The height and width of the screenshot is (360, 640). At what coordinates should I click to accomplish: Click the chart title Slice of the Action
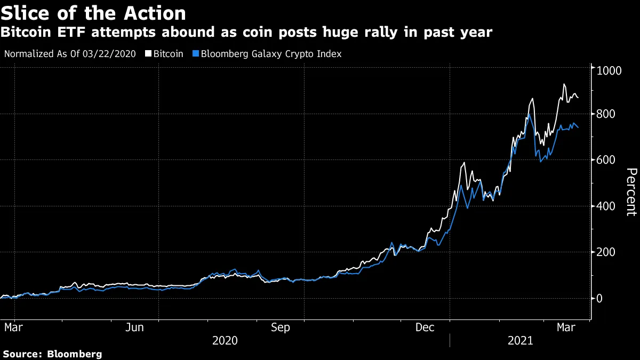pyautogui.click(x=93, y=13)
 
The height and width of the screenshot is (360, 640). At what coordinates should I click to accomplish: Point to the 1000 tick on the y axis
pyautogui.click(x=609, y=70)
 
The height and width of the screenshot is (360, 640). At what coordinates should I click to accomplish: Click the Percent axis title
pyautogui.click(x=631, y=191)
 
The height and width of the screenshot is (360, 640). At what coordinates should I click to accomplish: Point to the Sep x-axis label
pyautogui.click(x=281, y=327)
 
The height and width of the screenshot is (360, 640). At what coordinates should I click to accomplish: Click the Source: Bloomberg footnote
pyautogui.click(x=52, y=354)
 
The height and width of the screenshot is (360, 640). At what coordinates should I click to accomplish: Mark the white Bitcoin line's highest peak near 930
pyautogui.click(x=564, y=84)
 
